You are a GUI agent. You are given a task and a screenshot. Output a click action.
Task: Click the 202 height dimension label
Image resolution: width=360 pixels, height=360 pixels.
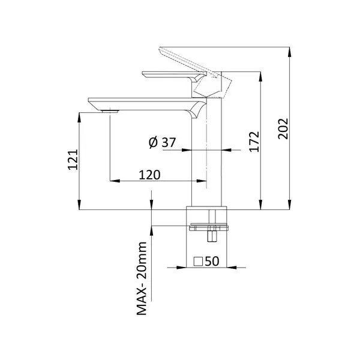pos(283,128)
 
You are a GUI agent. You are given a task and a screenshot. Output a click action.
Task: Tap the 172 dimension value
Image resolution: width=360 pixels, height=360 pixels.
pos(254,142)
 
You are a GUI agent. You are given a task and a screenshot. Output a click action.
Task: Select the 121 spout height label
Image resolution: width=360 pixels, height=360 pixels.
pos(73,160)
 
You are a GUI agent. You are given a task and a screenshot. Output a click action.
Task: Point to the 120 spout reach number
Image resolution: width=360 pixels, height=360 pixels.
pos(149,175)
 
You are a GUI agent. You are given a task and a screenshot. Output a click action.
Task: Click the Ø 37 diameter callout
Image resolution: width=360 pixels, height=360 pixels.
pos(162,142)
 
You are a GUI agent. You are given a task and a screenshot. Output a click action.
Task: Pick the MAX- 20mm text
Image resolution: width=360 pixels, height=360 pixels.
pos(142,278)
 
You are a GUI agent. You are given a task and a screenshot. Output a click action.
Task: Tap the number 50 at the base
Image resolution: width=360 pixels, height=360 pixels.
pos(212,261)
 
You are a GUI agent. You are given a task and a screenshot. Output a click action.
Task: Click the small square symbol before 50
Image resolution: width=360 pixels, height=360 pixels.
pos(198,262)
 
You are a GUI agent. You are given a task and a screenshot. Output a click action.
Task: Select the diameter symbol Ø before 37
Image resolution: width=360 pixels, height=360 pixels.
pos(153,143)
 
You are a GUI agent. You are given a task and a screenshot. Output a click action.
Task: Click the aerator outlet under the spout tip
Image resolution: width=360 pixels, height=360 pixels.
pos(110,112)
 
